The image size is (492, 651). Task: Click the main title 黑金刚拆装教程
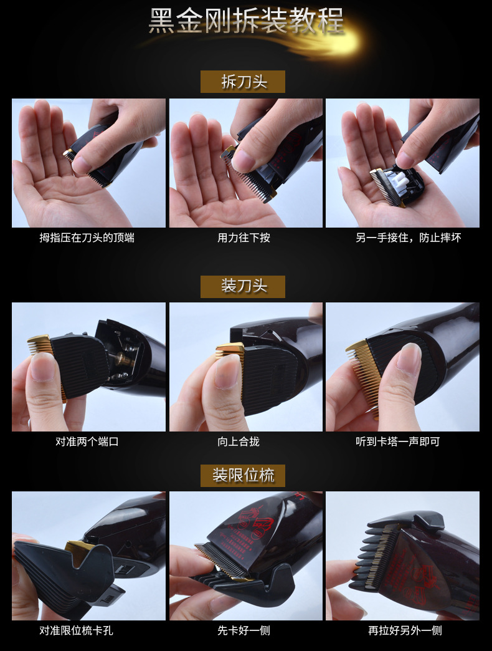coord(245,22)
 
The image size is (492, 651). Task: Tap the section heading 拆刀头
coord(243,82)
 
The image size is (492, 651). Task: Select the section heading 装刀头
coord(243,286)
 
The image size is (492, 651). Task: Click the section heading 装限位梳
coord(243,476)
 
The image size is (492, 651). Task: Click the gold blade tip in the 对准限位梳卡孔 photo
coord(78,548)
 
